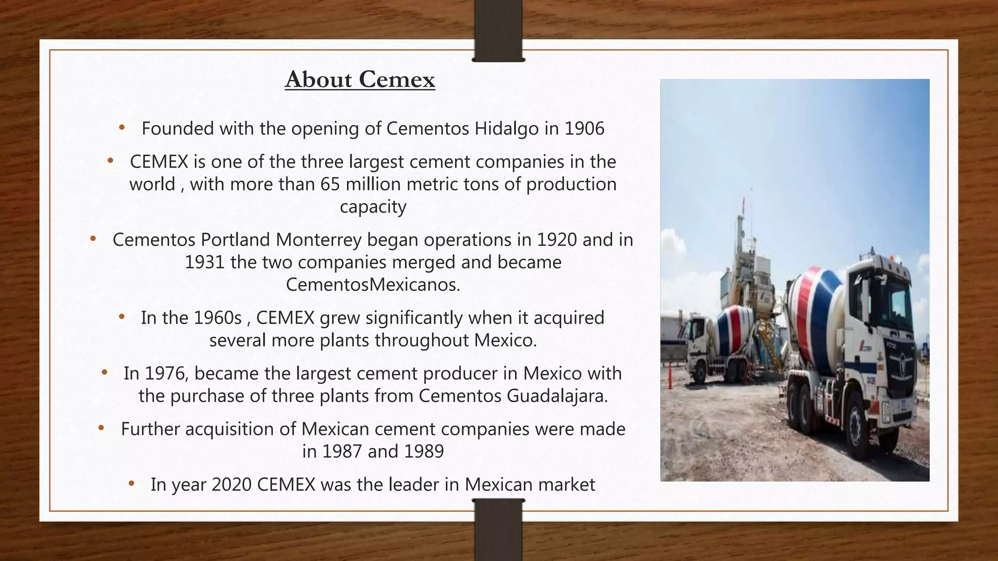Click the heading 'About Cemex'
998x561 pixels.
pos(360,79)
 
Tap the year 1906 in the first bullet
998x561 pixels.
pos(584,129)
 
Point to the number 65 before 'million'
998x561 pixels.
pos(330,184)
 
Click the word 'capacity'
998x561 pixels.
pos(373,206)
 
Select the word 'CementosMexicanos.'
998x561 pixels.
pos(373,284)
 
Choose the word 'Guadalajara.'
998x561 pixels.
pos(557,395)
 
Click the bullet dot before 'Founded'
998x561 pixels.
pos(122,128)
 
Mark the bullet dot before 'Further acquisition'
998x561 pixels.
pos(101,429)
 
